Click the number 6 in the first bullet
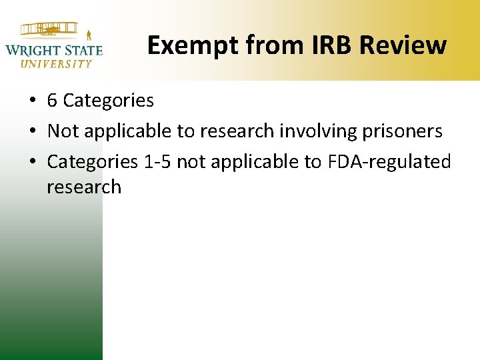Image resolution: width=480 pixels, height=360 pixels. click(x=52, y=101)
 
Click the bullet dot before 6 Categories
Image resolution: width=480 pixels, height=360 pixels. click(x=31, y=101)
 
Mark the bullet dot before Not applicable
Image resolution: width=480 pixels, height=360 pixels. click(x=31, y=132)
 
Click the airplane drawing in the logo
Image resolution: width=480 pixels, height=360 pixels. click(x=48, y=31)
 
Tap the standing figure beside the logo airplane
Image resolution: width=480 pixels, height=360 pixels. click(x=88, y=33)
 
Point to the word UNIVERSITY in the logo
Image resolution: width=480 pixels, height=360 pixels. click(x=56, y=64)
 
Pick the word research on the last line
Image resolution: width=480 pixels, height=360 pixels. click(x=84, y=187)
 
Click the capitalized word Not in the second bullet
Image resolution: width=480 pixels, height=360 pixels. click(x=61, y=131)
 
